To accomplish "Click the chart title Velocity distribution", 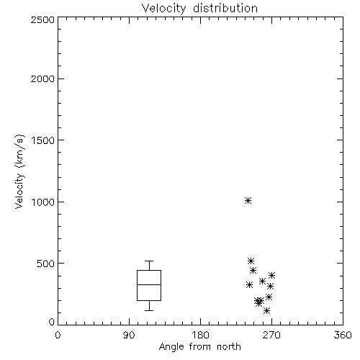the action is [199, 8].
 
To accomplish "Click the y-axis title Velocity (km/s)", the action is [19, 171].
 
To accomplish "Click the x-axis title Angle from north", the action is [199, 347].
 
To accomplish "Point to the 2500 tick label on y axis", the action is [42, 19].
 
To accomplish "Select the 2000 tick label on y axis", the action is [42, 78].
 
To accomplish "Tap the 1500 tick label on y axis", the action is [42, 140].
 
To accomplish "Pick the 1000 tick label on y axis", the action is [42, 202].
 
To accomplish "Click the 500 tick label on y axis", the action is [46, 264].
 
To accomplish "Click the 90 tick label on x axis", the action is [129, 335].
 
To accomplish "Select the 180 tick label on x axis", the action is [200, 335].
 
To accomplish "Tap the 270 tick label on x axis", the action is [271, 335].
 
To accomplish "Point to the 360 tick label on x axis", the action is [343, 335].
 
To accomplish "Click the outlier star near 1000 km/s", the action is [248, 200].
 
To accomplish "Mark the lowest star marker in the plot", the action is [266, 311].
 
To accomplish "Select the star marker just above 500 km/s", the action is [251, 261].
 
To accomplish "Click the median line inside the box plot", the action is [149, 284].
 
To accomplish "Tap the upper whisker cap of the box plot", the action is [149, 261].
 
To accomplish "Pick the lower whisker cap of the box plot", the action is [149, 310].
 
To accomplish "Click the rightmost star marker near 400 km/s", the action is [271, 275].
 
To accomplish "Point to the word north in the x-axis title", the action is [229, 347].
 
